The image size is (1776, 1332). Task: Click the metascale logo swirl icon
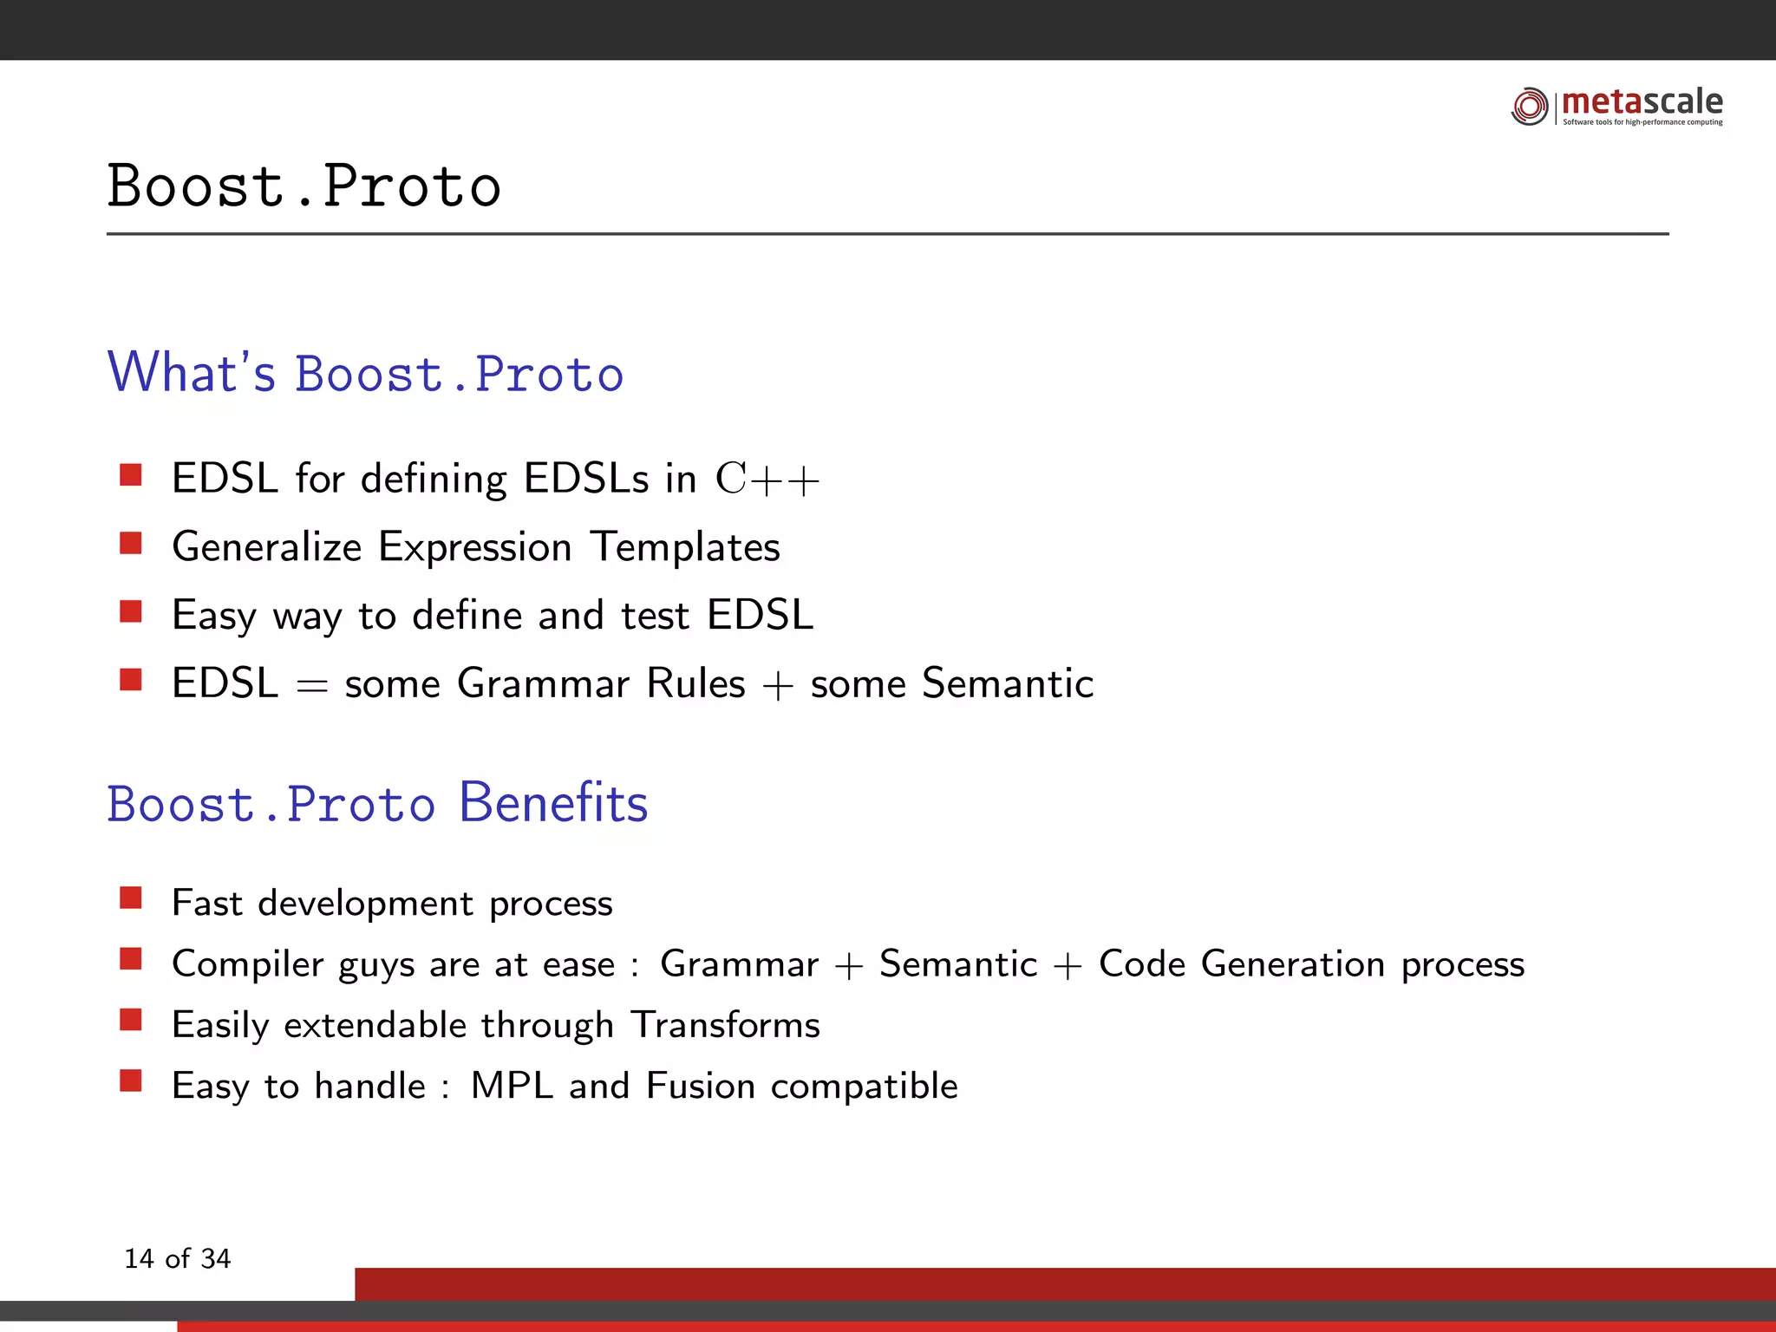coord(1529,106)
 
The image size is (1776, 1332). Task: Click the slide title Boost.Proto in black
coord(304,186)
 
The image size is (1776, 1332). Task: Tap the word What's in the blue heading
coord(191,373)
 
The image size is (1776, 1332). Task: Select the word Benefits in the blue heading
coord(553,803)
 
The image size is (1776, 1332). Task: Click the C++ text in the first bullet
coord(767,480)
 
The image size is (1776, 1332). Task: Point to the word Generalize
coord(266,547)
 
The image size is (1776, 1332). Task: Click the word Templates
coord(685,547)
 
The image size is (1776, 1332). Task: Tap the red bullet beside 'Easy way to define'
coord(131,611)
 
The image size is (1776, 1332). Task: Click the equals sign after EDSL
coord(311,686)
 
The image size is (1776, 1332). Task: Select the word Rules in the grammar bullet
coord(695,683)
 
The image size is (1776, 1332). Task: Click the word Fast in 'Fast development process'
coord(206,903)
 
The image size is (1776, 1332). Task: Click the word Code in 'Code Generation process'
coord(1141,963)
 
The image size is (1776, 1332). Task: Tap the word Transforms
coord(725,1025)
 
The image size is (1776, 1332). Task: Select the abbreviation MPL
coord(512,1086)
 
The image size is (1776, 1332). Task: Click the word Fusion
coord(701,1086)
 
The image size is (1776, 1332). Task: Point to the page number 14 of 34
coord(178,1258)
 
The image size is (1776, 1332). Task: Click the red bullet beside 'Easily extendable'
coord(131,1019)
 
